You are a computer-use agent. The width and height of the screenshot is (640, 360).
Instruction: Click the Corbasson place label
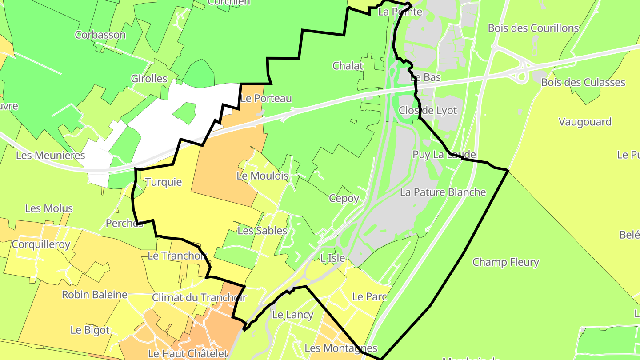[x=100, y=35]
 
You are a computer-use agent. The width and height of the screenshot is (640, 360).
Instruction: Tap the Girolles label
[x=149, y=79]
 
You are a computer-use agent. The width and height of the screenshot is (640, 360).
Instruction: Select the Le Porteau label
[x=266, y=98]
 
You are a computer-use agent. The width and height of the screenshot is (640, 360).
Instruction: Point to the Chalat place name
[x=348, y=66]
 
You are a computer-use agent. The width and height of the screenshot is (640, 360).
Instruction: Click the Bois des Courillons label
[x=533, y=28]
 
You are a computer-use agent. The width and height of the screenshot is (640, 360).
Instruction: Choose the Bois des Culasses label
[x=583, y=82]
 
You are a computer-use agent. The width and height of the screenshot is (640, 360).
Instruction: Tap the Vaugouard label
[x=585, y=122]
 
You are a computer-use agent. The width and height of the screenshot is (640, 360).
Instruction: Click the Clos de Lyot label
[x=428, y=110]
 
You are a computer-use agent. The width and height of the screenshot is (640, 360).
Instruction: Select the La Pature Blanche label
[x=443, y=192]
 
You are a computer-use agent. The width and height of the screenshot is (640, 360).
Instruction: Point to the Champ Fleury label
[x=506, y=262]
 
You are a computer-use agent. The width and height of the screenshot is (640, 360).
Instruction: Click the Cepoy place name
[x=344, y=198]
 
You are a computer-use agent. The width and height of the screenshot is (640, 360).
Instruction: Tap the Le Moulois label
[x=262, y=176]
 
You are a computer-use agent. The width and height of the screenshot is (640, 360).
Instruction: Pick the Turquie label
[x=164, y=182]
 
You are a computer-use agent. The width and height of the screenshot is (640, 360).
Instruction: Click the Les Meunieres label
[x=50, y=155]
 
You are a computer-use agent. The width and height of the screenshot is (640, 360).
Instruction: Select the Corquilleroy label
[x=41, y=244]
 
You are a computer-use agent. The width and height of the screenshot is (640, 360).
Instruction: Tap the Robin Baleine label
[x=95, y=294]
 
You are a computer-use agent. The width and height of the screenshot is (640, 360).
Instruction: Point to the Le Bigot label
[x=90, y=330]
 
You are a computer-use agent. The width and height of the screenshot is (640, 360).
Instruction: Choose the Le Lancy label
[x=293, y=315]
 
